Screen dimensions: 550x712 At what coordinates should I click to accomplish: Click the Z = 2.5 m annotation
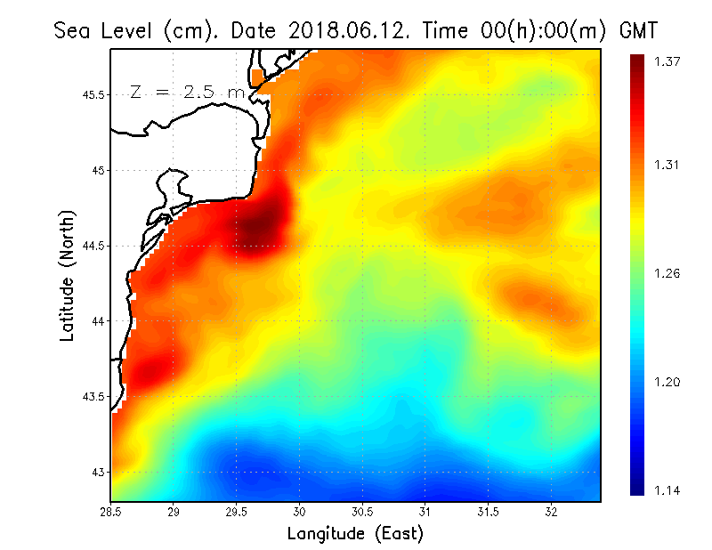pyautogui.click(x=186, y=92)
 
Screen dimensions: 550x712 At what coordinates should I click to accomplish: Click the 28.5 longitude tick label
pyautogui.click(x=111, y=513)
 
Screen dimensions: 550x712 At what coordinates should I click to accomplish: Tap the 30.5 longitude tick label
pyautogui.click(x=362, y=513)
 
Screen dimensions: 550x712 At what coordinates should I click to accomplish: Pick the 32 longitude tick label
pyautogui.click(x=551, y=513)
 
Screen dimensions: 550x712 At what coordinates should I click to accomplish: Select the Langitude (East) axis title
pyautogui.click(x=354, y=534)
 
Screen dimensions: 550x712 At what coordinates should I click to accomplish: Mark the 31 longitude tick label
pyautogui.click(x=425, y=513)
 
